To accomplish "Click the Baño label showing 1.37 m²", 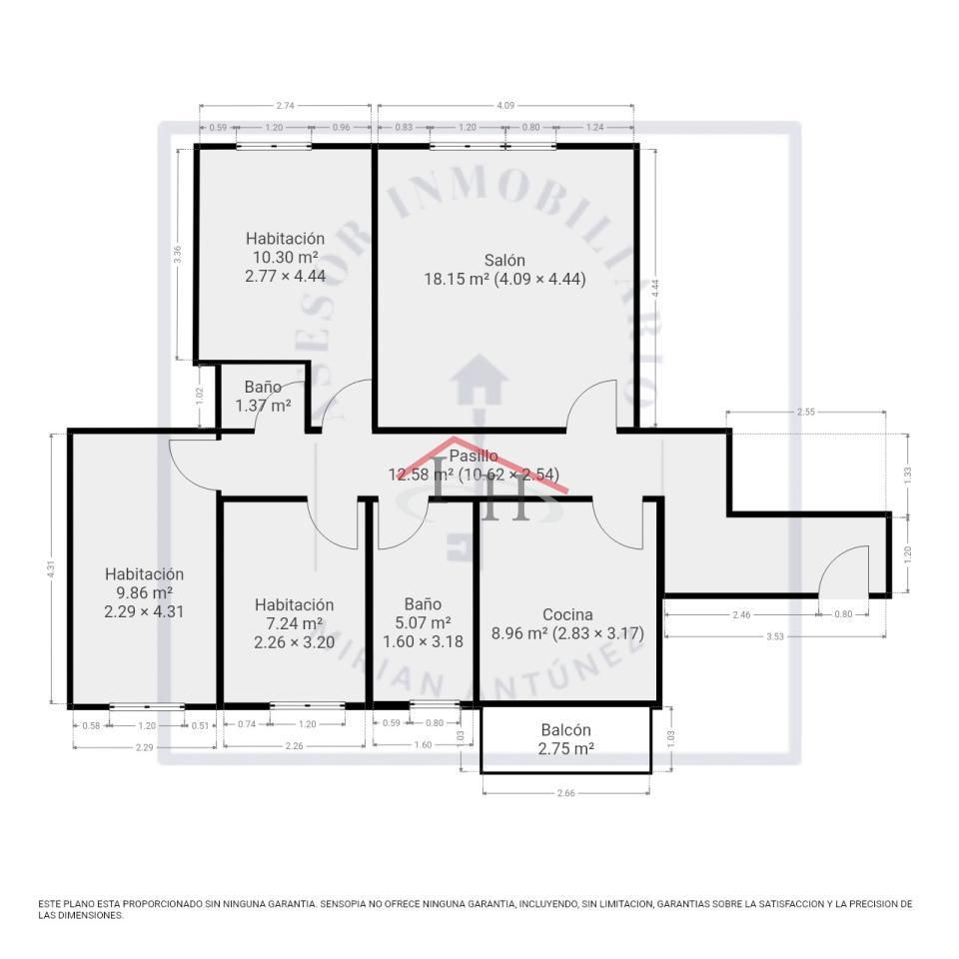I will click(x=263, y=396).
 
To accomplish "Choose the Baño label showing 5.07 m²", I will click(x=423, y=622).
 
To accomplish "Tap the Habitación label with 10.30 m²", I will click(x=285, y=257).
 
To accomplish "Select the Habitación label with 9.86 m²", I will click(x=144, y=592).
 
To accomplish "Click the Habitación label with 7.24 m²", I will click(x=294, y=623).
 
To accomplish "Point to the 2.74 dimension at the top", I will click(x=285, y=104).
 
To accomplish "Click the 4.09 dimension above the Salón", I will click(x=505, y=104).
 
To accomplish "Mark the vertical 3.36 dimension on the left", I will click(x=177, y=254).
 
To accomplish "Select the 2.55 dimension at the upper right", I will click(x=806, y=411).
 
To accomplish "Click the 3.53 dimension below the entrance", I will click(x=774, y=635).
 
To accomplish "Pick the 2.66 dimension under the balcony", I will click(x=566, y=793).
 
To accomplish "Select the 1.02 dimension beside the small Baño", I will click(x=200, y=395).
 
